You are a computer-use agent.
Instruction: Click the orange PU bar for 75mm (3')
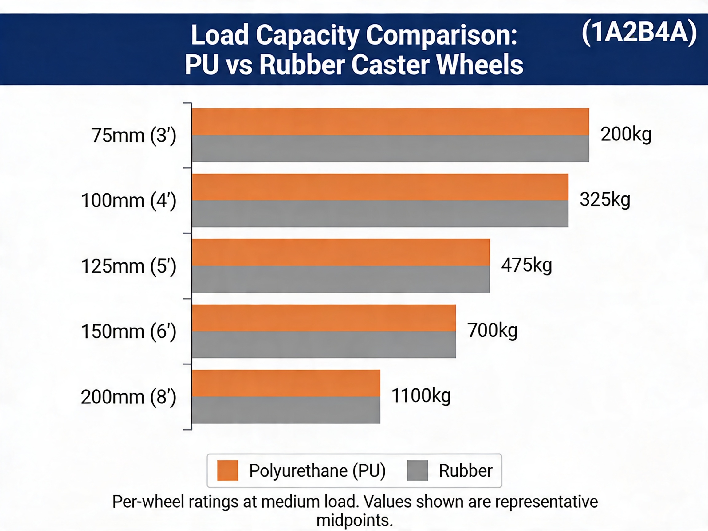point(391,122)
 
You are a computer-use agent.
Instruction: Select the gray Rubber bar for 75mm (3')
point(391,148)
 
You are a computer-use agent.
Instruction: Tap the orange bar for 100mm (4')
point(380,187)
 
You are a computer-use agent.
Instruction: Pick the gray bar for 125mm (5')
point(341,279)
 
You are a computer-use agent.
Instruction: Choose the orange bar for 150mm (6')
point(324,318)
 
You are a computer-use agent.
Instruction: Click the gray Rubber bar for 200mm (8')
point(286,410)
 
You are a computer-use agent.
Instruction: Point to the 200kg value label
point(626,134)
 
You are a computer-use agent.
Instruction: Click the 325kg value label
point(605,200)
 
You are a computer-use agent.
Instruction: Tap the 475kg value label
point(526,265)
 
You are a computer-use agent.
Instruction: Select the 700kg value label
point(492,330)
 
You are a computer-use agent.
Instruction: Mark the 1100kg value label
point(421,395)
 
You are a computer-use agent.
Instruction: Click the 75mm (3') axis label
point(134,136)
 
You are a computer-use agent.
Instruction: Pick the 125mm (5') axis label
point(129,266)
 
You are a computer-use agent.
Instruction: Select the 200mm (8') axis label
point(129,397)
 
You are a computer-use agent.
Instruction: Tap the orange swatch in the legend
point(228,470)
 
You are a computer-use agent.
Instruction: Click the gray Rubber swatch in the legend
point(417,470)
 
